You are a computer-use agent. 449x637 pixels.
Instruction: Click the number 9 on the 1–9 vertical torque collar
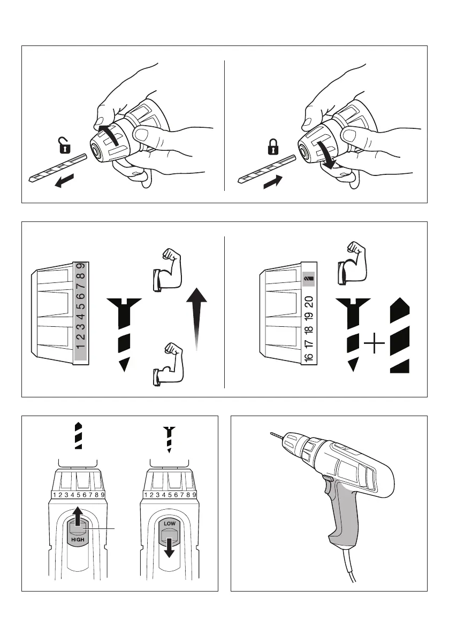[80, 266]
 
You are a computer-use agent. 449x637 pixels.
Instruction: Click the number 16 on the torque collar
[310, 356]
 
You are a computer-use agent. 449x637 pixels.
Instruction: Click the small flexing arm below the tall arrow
[166, 369]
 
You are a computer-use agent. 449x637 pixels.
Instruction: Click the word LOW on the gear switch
[170, 523]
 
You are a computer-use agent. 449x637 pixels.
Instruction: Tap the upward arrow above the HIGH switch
[78, 518]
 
